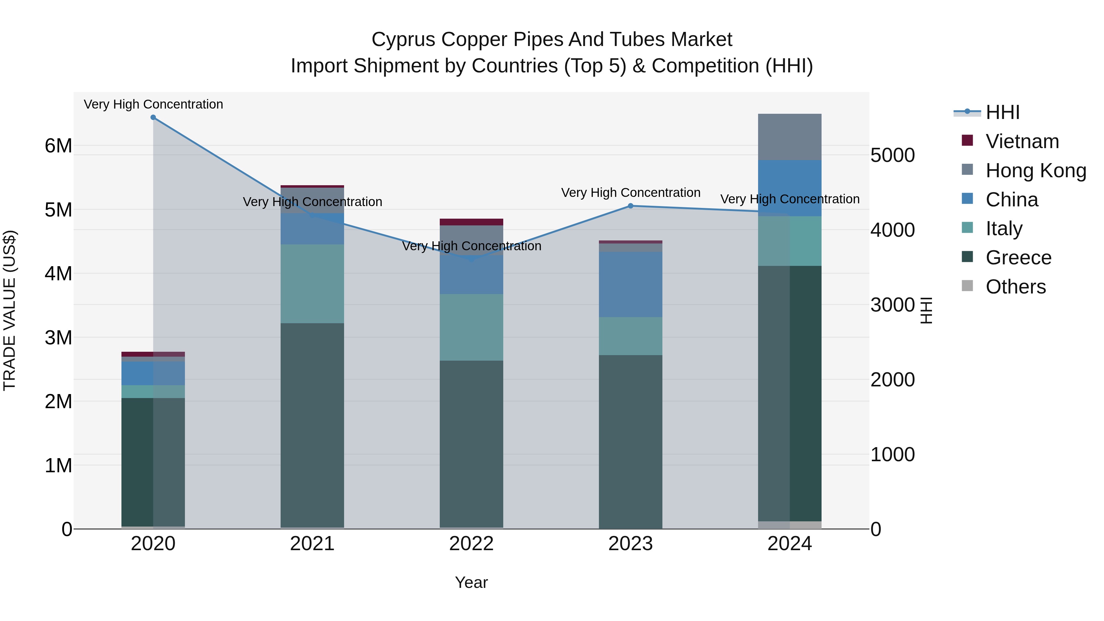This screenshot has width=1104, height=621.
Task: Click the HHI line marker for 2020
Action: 153,117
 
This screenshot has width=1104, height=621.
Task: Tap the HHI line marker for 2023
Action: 631,206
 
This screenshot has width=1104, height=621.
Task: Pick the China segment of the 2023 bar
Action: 631,284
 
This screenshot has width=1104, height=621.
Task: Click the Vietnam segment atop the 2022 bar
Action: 471,222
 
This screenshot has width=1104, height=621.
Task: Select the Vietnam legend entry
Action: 1022,141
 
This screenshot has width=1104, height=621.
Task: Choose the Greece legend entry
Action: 1018,258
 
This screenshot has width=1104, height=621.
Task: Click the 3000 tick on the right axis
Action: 892,305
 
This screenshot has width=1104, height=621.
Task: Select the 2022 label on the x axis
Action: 471,544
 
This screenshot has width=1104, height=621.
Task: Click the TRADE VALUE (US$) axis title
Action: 10,310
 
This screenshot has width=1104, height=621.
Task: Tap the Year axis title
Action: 471,582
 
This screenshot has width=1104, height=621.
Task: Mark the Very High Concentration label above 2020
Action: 153,105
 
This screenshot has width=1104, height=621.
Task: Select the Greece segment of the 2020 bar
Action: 153,462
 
